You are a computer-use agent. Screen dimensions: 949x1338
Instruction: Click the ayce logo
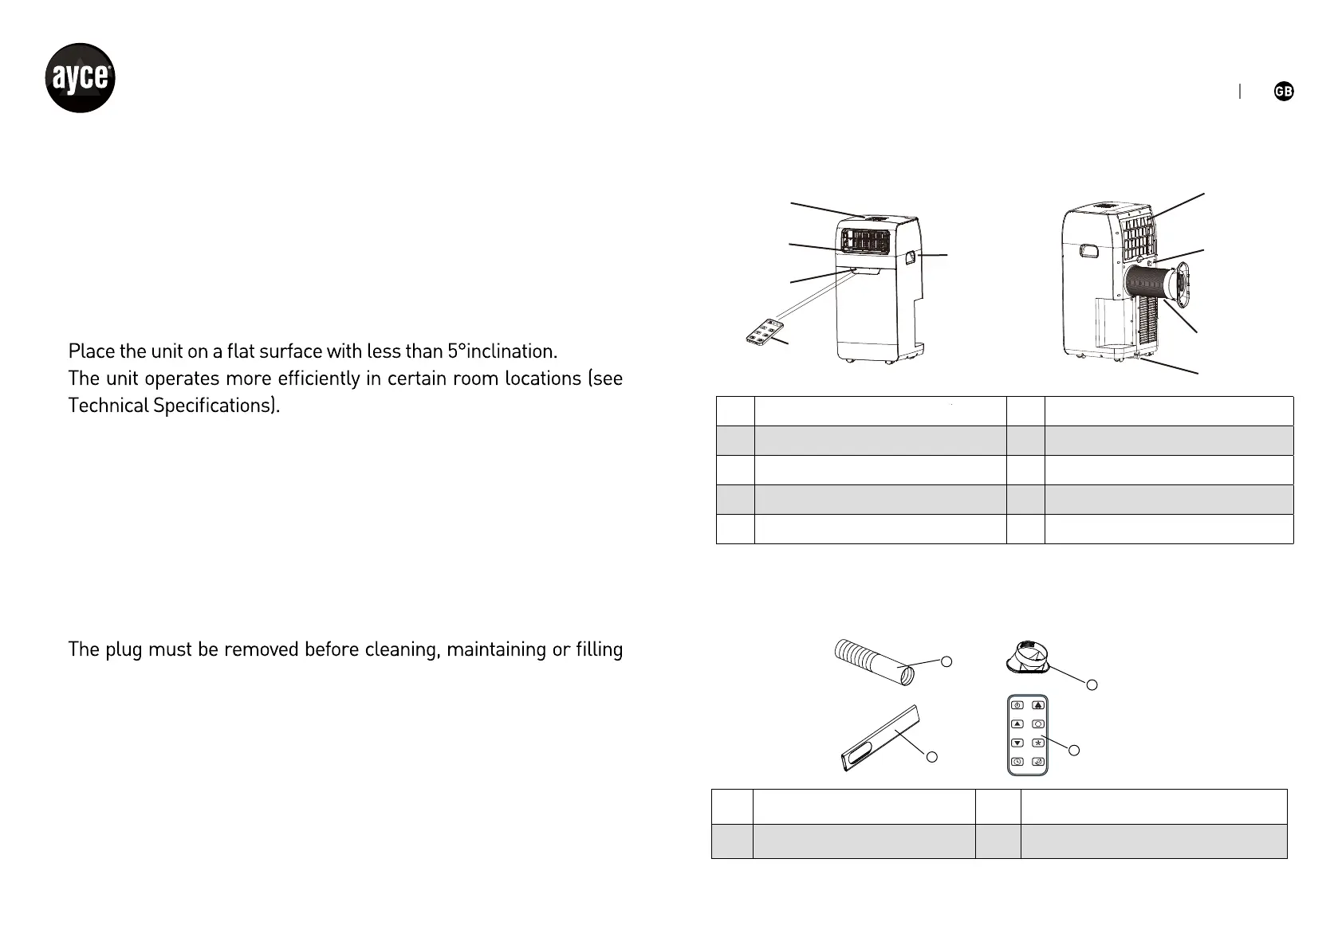(79, 78)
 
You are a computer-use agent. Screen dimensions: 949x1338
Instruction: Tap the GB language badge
(1283, 92)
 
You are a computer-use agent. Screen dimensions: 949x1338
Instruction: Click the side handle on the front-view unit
(910, 257)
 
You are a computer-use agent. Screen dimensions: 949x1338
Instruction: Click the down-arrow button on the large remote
(1017, 743)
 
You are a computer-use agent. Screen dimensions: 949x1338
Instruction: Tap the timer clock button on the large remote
(1017, 763)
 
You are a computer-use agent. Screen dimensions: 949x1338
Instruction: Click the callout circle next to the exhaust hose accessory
(946, 661)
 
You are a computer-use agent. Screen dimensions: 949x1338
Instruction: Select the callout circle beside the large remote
(1074, 750)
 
